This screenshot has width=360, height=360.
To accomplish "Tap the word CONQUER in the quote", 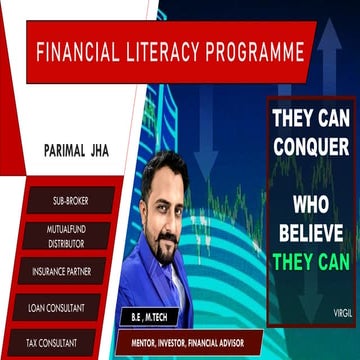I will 311,145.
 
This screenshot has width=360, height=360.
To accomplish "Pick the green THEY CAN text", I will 311,266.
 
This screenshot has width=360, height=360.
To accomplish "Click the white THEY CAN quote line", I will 311,117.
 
